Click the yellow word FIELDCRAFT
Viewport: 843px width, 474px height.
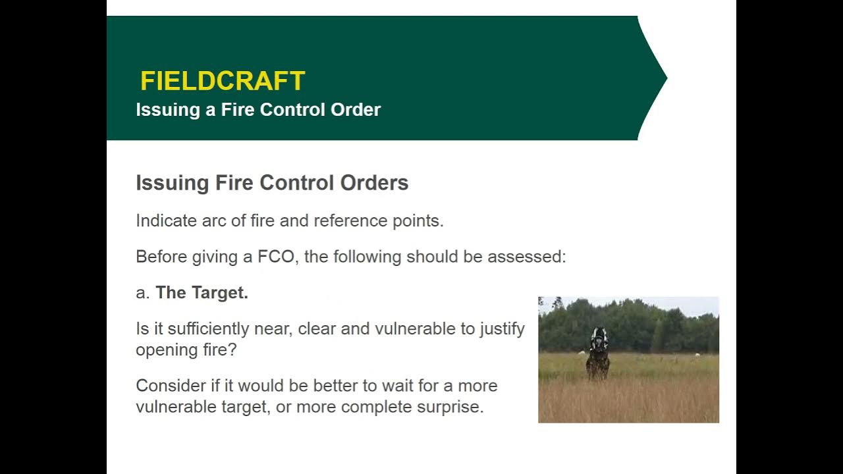(223, 81)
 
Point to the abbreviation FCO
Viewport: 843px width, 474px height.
(275, 257)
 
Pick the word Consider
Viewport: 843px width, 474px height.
(170, 385)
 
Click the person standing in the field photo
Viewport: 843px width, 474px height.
(598, 355)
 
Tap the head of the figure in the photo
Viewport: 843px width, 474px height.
(599, 335)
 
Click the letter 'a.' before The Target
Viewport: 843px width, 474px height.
(143, 293)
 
